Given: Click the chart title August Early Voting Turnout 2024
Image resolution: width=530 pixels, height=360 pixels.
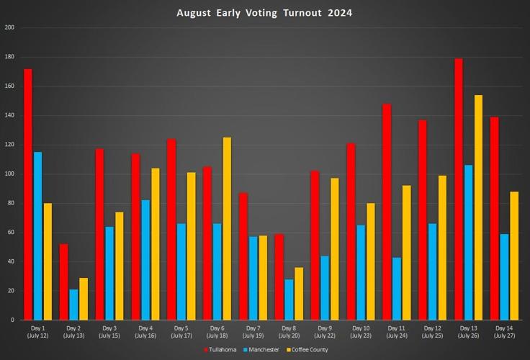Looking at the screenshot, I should coord(264,13).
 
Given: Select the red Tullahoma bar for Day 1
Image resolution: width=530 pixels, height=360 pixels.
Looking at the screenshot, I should coord(27,194).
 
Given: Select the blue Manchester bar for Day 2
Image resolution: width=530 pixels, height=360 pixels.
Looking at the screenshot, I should coord(73,305).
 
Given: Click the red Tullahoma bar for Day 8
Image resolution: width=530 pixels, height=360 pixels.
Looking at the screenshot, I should coord(279,276).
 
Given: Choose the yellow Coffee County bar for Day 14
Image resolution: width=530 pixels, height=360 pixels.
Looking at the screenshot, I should coord(514,256).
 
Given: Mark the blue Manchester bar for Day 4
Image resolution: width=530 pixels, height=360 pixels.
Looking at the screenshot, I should coord(145,260).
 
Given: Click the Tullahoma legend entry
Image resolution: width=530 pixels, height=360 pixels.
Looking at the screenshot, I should coord(220,349).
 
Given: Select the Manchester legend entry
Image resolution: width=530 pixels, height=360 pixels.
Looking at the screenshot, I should coord(261,349).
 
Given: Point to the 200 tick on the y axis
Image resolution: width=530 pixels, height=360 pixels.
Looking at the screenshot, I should coord(9,27).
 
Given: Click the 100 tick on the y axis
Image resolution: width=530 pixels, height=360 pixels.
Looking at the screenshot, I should coord(9,174).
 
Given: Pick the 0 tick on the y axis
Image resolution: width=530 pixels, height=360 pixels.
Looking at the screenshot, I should coord(12,320).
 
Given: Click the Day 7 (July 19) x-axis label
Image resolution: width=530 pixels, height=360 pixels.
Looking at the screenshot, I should coord(253,331).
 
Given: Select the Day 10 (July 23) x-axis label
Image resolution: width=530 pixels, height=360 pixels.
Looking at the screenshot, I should coord(360,331).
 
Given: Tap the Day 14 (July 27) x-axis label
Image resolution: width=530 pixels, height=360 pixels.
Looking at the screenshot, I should coord(504,331).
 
